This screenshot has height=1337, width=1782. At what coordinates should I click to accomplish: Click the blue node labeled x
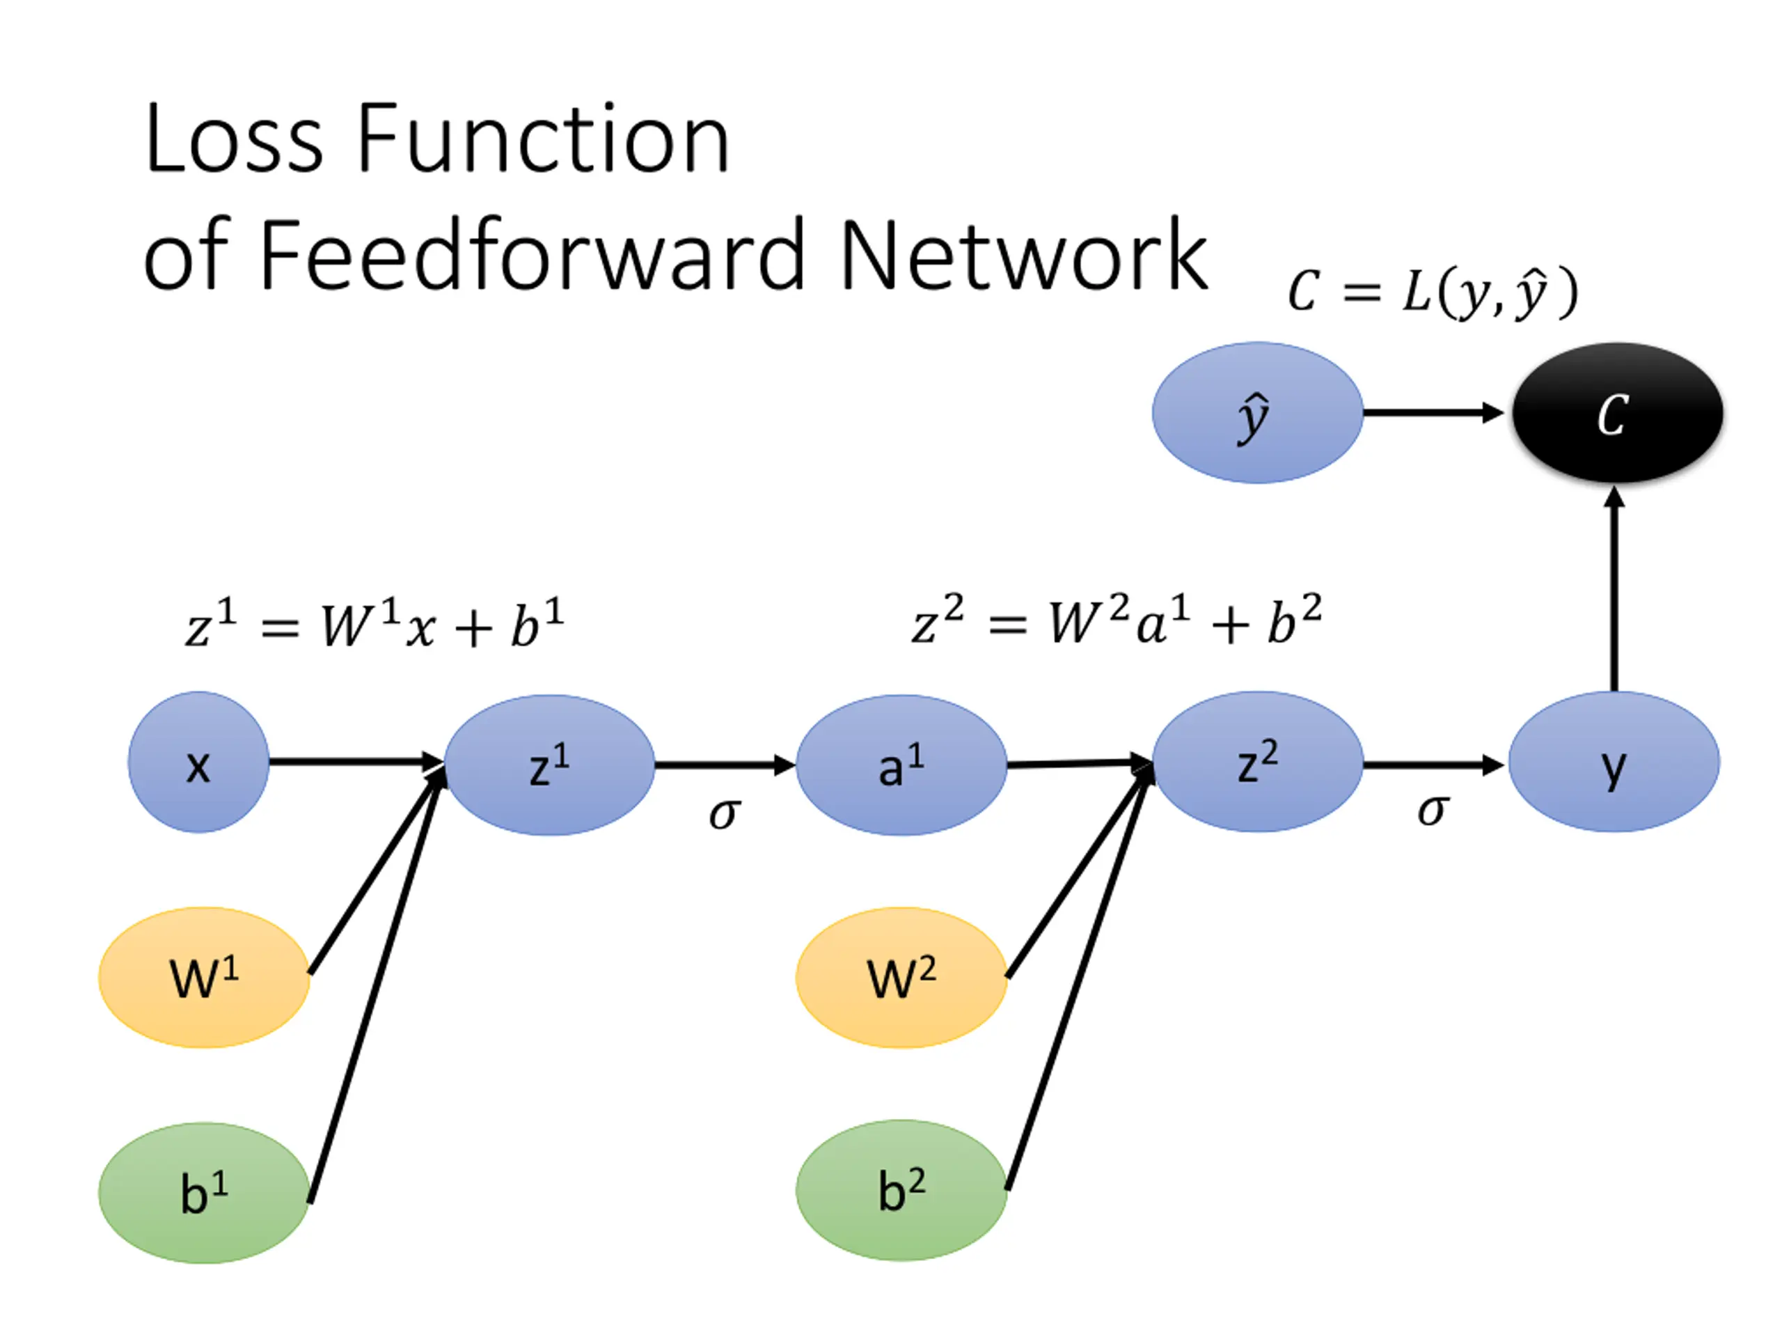(x=198, y=763)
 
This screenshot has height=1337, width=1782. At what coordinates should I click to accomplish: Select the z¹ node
(x=549, y=765)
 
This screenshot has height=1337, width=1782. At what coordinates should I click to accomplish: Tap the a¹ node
(x=901, y=765)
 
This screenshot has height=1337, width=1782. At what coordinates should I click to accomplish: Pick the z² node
(x=1258, y=762)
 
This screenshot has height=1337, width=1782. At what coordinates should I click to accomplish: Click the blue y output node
(x=1614, y=762)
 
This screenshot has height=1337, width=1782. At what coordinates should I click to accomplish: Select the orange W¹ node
(x=204, y=978)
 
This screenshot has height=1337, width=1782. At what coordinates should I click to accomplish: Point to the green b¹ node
(x=204, y=1193)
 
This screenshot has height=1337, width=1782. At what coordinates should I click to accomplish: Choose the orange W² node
(x=901, y=978)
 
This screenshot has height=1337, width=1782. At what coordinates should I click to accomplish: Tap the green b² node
(x=901, y=1190)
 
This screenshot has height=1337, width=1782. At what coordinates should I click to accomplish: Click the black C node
(x=1617, y=413)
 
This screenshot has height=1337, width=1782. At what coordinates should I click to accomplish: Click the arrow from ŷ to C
(x=1433, y=413)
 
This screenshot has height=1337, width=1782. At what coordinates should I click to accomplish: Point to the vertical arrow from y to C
(x=1614, y=593)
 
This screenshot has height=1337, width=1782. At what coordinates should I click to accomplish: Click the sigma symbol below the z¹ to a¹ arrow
(x=723, y=813)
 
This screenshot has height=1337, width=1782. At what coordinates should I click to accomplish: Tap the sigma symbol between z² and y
(x=1433, y=809)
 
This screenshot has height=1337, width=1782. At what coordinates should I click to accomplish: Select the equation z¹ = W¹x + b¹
(x=374, y=625)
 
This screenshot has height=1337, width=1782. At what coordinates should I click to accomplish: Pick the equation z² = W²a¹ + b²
(x=1117, y=620)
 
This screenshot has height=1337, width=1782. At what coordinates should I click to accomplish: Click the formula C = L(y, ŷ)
(x=1433, y=292)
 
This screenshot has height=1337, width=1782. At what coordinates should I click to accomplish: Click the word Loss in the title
(x=234, y=139)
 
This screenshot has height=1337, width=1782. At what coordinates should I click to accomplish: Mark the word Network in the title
(x=1023, y=256)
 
